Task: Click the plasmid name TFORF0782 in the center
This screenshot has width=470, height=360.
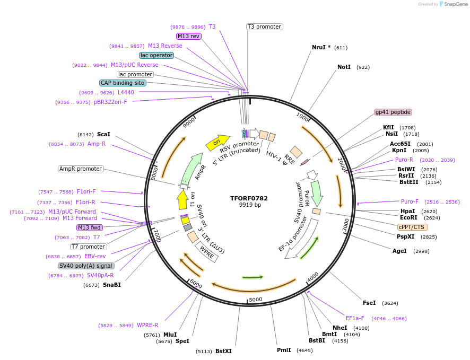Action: (x=249, y=198)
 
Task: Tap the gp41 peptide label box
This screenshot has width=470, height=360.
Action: (x=393, y=112)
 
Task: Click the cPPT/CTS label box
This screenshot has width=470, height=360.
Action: (x=412, y=227)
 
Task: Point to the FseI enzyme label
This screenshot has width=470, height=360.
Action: (x=369, y=303)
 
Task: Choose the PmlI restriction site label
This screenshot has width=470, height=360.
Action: (x=284, y=350)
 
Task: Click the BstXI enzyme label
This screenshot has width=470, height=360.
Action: (x=223, y=351)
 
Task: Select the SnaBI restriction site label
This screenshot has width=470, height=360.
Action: (x=112, y=285)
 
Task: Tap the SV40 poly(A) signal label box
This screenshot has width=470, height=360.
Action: (x=86, y=266)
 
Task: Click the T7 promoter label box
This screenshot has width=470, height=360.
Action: (x=89, y=247)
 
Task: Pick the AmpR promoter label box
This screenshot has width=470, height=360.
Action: (x=81, y=169)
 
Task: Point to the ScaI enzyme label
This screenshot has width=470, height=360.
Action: (x=103, y=135)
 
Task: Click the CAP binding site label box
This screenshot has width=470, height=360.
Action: (x=123, y=83)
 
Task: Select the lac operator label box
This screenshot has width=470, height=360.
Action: (x=156, y=55)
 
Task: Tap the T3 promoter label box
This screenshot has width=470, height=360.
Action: (x=265, y=27)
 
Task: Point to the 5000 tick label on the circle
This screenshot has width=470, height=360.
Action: (x=256, y=299)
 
